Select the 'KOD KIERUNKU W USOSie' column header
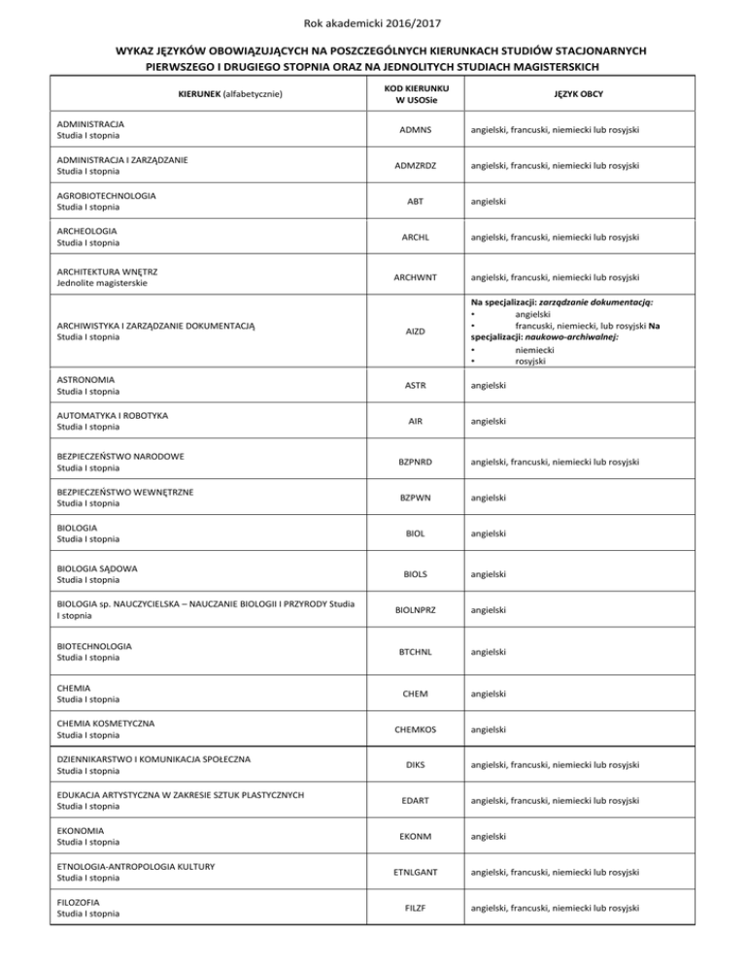point(409,93)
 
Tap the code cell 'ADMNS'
point(409,130)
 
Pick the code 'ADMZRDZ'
point(409,165)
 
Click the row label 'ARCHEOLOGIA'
point(88,230)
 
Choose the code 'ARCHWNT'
point(409,278)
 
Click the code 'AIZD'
point(409,330)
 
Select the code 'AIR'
point(409,422)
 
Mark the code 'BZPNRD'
point(409,462)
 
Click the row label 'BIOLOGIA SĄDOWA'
point(98,568)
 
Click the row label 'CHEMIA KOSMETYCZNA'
point(106,723)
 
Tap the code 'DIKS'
point(409,764)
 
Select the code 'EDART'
point(409,800)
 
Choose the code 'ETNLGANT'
point(409,872)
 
